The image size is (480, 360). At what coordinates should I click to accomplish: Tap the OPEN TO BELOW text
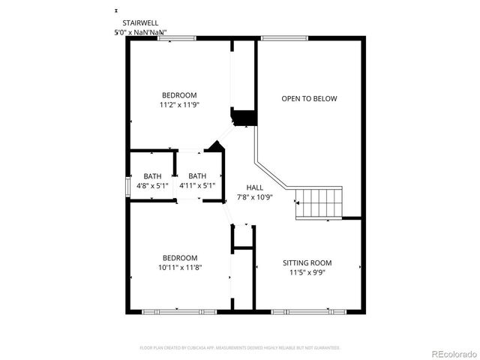(x=309, y=98)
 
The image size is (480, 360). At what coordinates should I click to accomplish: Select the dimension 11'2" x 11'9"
(x=179, y=105)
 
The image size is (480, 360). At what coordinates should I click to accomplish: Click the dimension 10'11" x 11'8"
(x=179, y=267)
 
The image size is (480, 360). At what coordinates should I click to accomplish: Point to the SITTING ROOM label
(x=307, y=262)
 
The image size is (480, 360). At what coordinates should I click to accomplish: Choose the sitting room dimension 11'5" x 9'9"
(x=307, y=272)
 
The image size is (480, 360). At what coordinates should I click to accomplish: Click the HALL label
(x=254, y=187)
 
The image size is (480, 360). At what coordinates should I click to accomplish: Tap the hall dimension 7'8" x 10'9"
(x=254, y=197)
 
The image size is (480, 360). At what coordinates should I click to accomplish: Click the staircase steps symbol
(x=318, y=202)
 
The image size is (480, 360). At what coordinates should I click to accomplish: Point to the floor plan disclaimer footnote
(x=240, y=348)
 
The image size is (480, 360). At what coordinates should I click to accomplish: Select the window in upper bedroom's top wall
(x=177, y=38)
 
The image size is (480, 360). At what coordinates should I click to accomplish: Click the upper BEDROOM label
(x=179, y=95)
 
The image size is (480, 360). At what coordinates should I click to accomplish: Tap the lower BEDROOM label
(x=179, y=257)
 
